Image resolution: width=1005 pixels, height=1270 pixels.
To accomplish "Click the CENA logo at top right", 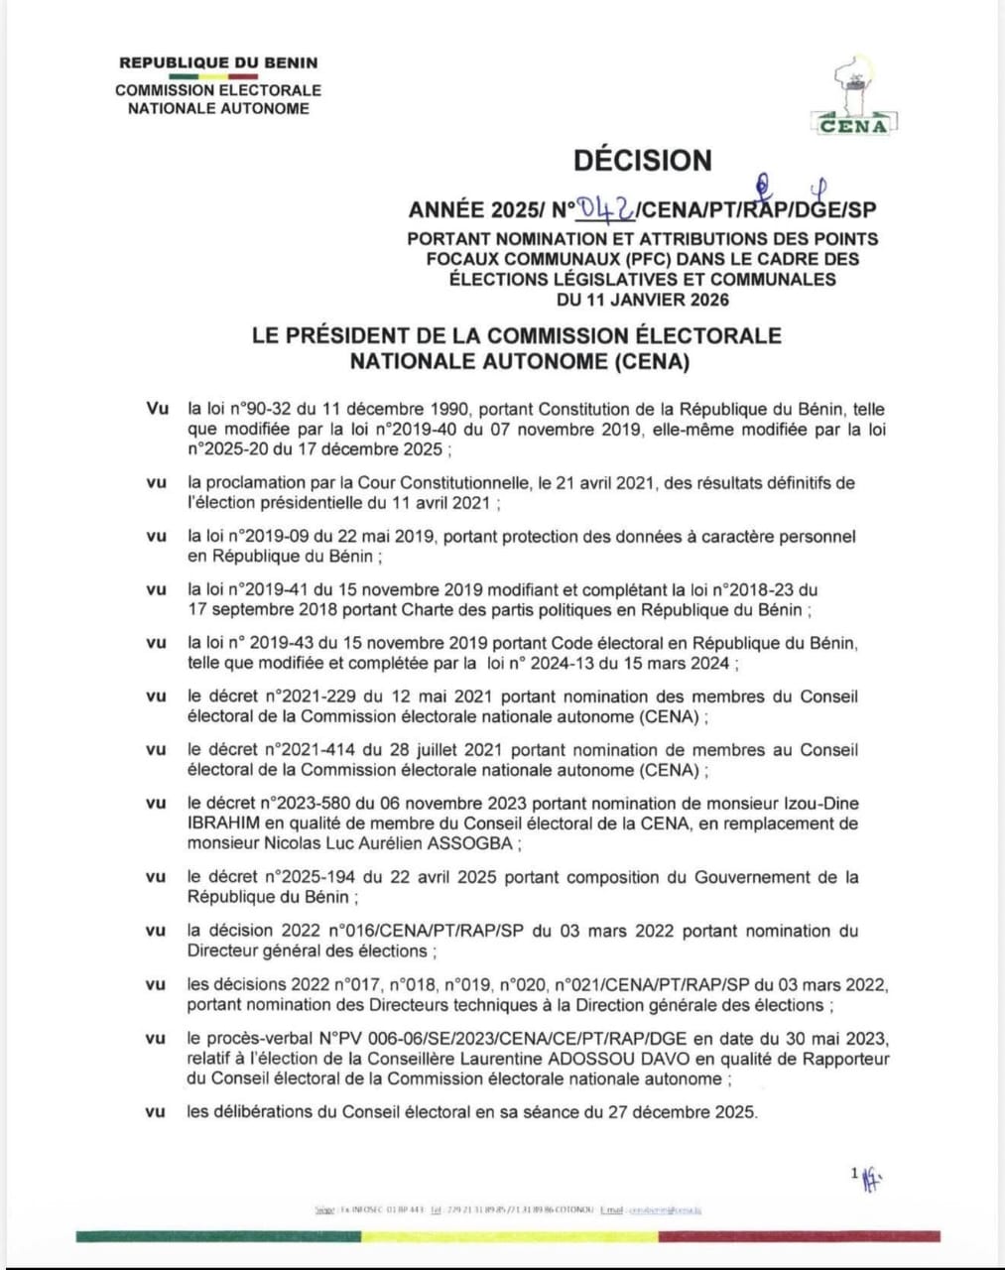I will coord(856,97).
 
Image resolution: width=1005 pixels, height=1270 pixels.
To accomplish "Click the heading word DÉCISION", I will coord(642,160).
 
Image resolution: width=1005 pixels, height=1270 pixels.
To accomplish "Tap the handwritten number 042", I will coord(608,207).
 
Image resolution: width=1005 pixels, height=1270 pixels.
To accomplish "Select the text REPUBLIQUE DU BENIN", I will coord(218,63).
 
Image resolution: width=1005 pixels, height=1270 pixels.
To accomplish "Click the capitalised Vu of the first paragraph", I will coord(157,409).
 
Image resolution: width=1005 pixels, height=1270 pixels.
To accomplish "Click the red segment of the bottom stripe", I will coord(799,1236).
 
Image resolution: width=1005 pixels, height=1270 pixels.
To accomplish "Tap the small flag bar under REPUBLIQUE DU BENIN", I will coord(212,76).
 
